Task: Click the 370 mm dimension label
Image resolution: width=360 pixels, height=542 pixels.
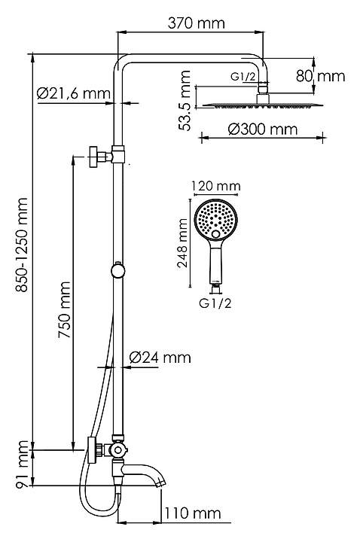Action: pos(196,23)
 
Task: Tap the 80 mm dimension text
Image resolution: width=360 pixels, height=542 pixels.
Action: pos(320,76)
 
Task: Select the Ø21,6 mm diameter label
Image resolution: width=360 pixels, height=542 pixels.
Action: pos(74,93)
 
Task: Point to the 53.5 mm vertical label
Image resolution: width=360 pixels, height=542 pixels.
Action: pos(185,100)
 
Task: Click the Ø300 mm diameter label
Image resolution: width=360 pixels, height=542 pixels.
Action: pos(263,129)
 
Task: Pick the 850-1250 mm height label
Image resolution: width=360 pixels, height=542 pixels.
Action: pos(22,245)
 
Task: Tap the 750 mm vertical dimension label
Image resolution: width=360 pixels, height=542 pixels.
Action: pos(65,309)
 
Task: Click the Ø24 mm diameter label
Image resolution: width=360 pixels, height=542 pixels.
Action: pos(160,357)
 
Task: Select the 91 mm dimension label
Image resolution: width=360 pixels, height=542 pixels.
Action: pos(23,464)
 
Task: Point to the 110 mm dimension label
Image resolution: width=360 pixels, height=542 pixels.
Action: pos(192,513)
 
